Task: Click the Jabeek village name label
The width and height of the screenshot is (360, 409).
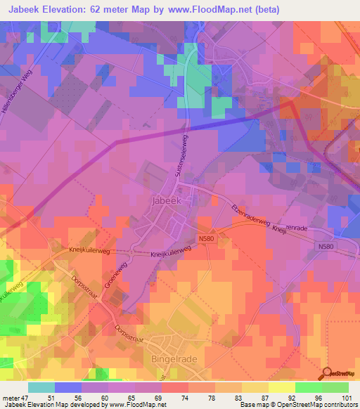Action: pos(167,200)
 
